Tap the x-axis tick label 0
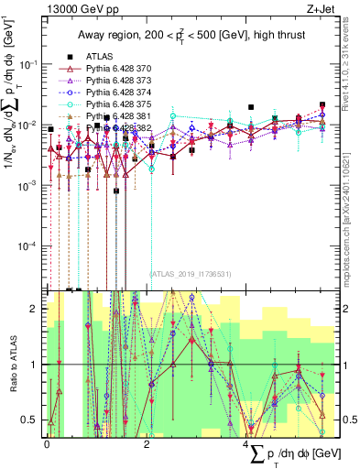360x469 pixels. pos(47,442)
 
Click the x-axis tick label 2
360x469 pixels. pos(147,442)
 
